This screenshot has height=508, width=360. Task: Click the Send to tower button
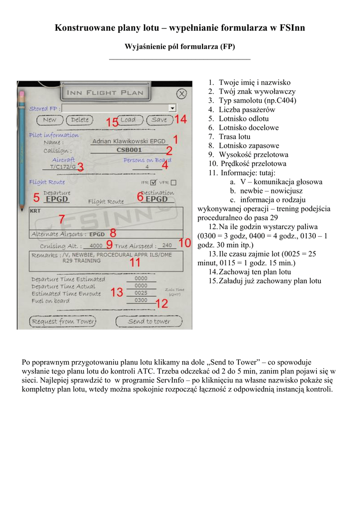click(149, 321)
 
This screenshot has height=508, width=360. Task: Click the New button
click(50, 120)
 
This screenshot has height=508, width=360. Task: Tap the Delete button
click(80, 120)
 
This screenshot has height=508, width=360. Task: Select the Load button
click(128, 120)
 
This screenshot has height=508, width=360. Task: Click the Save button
click(159, 120)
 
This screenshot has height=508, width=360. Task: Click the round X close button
click(182, 93)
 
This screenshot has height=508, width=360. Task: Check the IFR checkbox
click(153, 183)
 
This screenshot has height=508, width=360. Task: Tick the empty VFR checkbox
click(173, 183)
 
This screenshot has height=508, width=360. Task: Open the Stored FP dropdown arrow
click(172, 107)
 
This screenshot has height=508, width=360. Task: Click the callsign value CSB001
click(129, 150)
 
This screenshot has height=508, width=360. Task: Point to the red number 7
click(62, 219)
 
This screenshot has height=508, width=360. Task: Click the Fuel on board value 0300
click(141, 301)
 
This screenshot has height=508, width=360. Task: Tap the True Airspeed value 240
click(167, 246)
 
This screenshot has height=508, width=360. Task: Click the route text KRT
click(36, 211)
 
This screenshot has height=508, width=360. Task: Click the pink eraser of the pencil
click(21, 93)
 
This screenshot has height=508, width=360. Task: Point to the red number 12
click(162, 304)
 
